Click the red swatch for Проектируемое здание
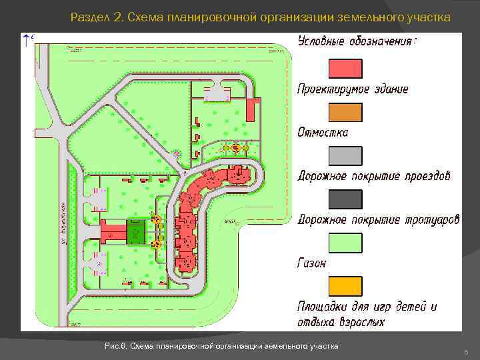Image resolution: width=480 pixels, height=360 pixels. [x=345, y=69]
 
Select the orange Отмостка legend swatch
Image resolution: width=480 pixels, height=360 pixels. [x=345, y=112]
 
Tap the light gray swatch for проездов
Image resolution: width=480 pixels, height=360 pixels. [x=345, y=156]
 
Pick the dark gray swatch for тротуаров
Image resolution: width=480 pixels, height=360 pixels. [x=345, y=199]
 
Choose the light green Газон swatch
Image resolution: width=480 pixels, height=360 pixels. [x=345, y=243]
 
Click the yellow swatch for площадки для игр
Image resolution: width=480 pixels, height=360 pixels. [x=345, y=286]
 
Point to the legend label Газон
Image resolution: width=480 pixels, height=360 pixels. [x=312, y=263]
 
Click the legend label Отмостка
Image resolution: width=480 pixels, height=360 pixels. [x=323, y=132]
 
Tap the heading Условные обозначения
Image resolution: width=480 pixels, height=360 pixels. [x=357, y=41]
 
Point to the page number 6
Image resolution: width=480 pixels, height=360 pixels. [x=465, y=351]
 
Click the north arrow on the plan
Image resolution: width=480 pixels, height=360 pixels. [x=26, y=40]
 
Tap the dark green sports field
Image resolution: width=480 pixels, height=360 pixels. [x=136, y=233]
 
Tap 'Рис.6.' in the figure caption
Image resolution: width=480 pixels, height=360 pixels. [x=116, y=346]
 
